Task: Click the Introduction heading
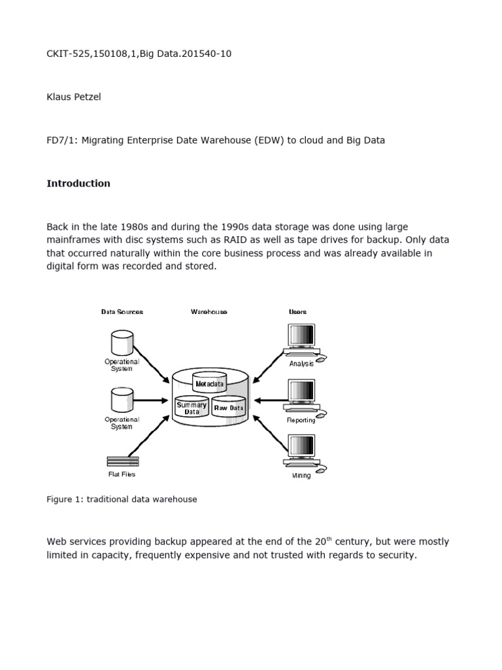(78, 184)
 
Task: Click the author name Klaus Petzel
(74, 97)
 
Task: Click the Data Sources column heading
(122, 312)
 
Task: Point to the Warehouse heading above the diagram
(209, 312)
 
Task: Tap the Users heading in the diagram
(297, 312)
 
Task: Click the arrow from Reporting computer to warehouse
(268, 400)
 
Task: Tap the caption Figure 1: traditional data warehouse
(122, 499)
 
